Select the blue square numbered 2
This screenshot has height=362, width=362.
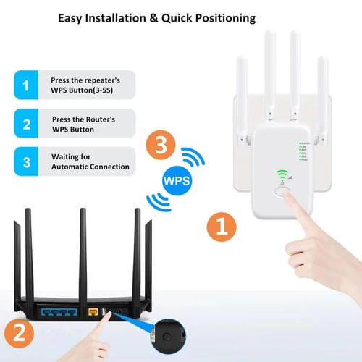point(27,124)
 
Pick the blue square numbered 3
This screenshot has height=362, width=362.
point(27,161)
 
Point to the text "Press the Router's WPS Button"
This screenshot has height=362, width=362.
point(83,124)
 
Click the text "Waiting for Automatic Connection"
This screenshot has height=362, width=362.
point(90,161)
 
